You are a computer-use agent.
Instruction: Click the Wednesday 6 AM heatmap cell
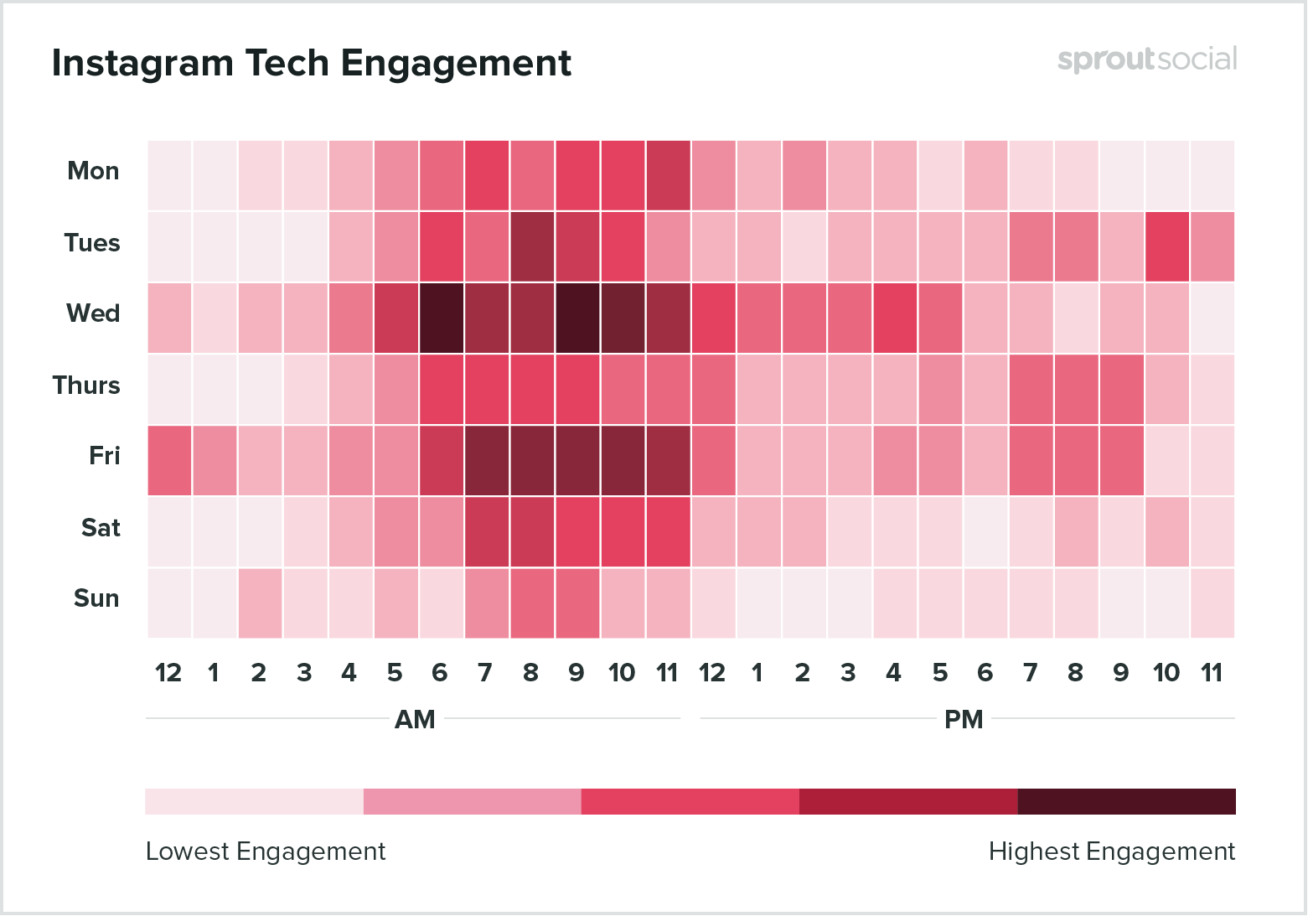(440, 318)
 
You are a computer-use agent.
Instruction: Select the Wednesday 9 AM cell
(576, 318)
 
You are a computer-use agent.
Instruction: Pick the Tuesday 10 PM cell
(1166, 246)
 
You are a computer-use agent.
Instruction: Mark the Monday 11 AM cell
(667, 175)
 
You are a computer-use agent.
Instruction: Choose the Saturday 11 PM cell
(1212, 531)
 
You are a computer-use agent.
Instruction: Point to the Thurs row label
(86, 386)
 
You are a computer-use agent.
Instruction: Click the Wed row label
(93, 313)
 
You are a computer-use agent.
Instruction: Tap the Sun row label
(96, 598)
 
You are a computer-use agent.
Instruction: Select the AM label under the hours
(415, 720)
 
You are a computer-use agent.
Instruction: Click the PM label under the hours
(964, 720)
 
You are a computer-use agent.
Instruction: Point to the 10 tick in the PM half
(1166, 673)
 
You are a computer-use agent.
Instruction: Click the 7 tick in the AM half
(485, 673)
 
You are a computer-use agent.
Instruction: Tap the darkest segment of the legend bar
(1126, 801)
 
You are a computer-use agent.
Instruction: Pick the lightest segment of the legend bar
(254, 801)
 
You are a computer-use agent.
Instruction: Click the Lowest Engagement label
(266, 851)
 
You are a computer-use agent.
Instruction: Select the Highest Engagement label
(1111, 851)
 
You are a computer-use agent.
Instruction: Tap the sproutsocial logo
(1146, 60)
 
